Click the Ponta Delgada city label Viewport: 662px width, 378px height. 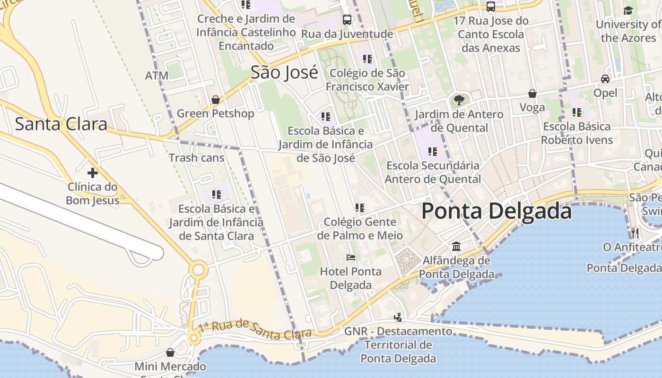[x=496, y=211]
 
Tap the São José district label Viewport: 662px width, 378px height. [x=284, y=72]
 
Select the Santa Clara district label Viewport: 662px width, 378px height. [x=61, y=124]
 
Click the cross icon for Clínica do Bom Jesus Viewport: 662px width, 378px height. [x=92, y=172]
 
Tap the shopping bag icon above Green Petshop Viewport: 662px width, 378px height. [x=215, y=100]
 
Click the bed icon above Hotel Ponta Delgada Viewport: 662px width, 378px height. [x=350, y=258]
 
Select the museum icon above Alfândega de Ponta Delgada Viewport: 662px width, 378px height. [x=456, y=246]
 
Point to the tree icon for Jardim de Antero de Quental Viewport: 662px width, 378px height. [x=458, y=100]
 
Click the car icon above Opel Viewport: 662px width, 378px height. [x=605, y=79]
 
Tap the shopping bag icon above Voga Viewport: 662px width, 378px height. [x=532, y=94]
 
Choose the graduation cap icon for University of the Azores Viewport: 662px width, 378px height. [x=628, y=10]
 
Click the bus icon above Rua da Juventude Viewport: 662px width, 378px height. [x=347, y=20]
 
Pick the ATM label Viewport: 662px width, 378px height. [x=157, y=76]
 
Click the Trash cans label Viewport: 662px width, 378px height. [x=197, y=157]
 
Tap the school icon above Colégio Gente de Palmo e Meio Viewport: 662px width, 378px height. [x=359, y=207]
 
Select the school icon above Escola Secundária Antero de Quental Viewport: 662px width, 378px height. [x=432, y=152]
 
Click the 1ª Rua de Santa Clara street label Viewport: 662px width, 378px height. [x=255, y=329]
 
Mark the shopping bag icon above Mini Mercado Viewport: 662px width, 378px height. [x=170, y=352]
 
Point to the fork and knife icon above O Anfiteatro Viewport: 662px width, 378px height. [x=635, y=233]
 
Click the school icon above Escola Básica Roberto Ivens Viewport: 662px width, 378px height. [x=577, y=112]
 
